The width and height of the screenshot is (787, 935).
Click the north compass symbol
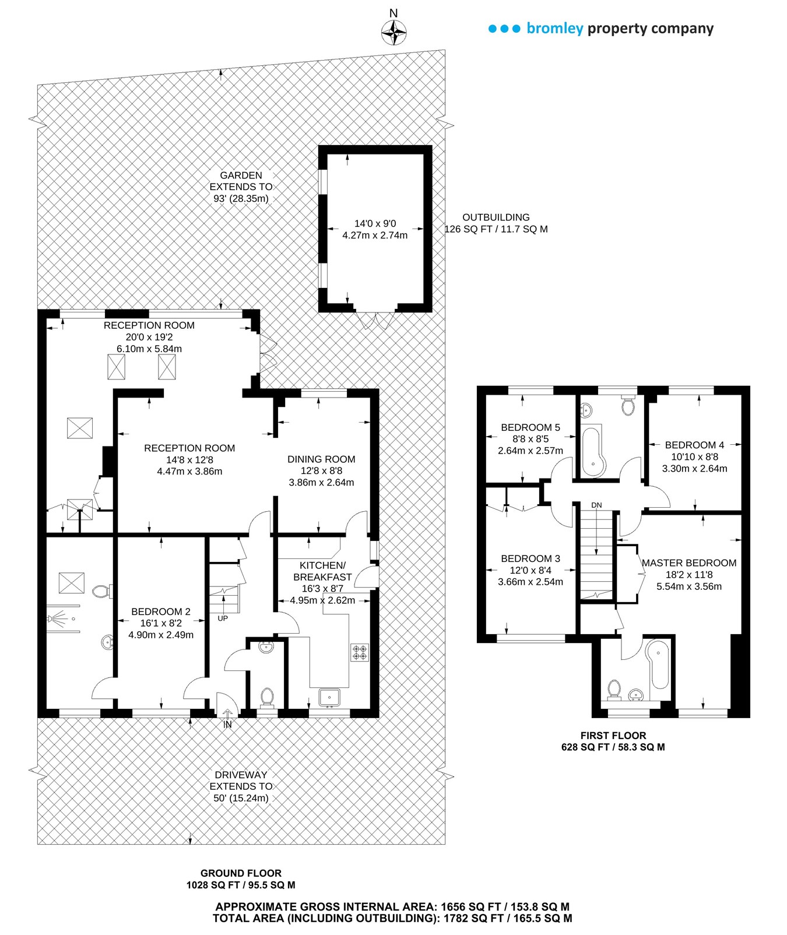[394, 32]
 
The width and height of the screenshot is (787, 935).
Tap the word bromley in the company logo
[554, 29]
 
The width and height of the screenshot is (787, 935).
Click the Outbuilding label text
[496, 217]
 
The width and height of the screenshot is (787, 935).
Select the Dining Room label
[321, 459]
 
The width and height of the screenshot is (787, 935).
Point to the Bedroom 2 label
[161, 612]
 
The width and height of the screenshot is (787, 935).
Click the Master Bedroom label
[689, 563]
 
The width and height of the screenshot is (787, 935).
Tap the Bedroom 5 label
[530, 428]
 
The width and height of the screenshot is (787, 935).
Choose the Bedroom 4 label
[694, 445]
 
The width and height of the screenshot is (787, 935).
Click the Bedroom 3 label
[530, 559]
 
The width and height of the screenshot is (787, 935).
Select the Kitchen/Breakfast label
[322, 571]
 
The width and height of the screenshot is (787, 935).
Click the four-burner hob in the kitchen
[360, 652]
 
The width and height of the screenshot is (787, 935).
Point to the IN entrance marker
[227, 725]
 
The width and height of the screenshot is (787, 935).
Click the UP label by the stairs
[223, 618]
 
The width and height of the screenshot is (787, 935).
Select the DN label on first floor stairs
[596, 505]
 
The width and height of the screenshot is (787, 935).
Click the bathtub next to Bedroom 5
[593, 452]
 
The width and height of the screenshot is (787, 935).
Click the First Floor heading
[613, 736]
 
